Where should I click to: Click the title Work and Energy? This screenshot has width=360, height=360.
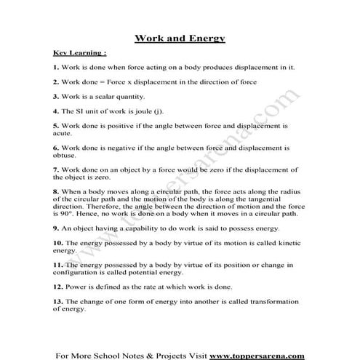coord(180,38)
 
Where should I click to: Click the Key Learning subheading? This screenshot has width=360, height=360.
coord(80,53)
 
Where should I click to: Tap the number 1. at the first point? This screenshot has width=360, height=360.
coord(56,67)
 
